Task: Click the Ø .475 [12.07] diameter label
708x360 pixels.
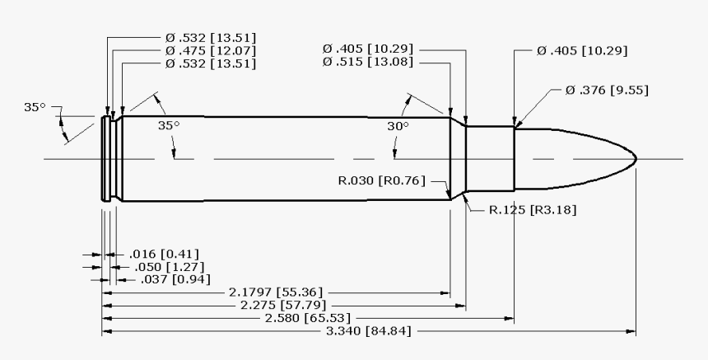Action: (x=210, y=50)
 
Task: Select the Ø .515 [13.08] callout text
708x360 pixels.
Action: (x=368, y=63)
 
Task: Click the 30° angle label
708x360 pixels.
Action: (x=398, y=127)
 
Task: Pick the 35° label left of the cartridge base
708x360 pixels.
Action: (x=35, y=107)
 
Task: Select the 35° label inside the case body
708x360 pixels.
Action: (x=169, y=127)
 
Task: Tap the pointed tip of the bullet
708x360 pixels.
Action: (x=635, y=158)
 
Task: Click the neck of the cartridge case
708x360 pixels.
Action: (x=490, y=158)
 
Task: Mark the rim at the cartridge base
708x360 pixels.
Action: (x=105, y=158)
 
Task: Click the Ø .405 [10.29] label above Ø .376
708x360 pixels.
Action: (x=581, y=51)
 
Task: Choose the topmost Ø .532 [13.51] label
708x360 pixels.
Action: (x=210, y=38)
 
